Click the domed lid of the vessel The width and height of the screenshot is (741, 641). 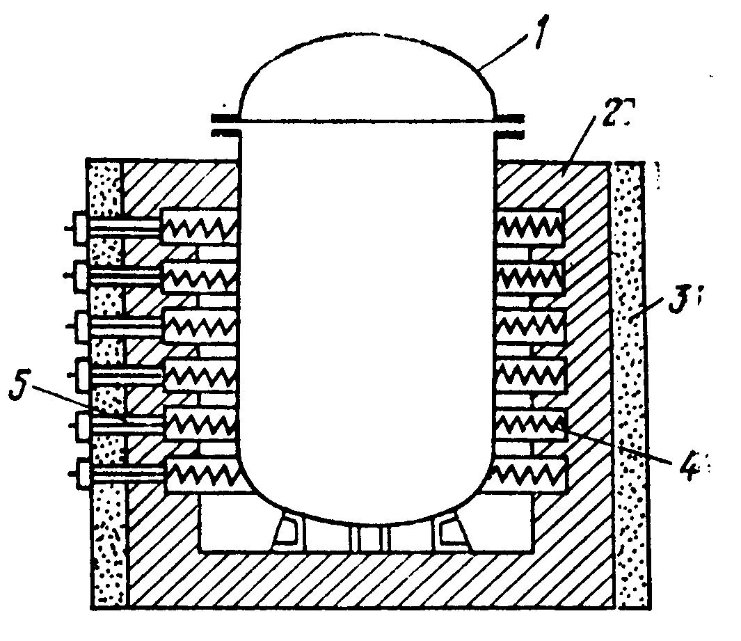(367, 77)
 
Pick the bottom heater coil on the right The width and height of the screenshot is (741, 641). (528, 475)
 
